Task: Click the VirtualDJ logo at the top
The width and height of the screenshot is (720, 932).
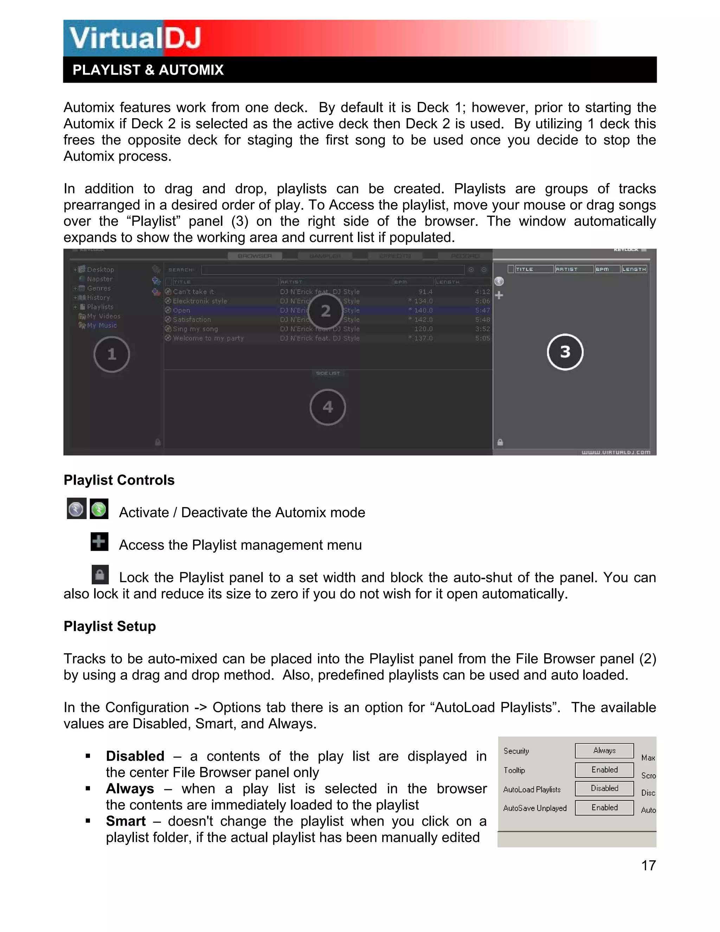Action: click(x=135, y=38)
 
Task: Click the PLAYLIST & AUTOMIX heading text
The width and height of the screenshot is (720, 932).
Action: click(x=148, y=70)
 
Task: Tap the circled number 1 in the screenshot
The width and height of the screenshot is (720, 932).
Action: click(x=112, y=354)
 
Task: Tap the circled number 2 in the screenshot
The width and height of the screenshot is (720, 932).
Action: click(x=326, y=311)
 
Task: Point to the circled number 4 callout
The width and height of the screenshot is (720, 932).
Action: click(x=328, y=407)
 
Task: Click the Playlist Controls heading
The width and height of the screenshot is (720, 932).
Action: click(x=119, y=480)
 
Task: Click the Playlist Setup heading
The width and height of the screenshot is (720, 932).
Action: click(x=110, y=626)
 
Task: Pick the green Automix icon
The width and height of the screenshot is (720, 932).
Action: click(x=99, y=509)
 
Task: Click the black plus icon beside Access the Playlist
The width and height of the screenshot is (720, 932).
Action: click(x=99, y=542)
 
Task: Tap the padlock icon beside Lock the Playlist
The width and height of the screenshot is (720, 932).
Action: click(x=100, y=574)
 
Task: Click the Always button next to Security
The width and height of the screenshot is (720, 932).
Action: click(x=604, y=751)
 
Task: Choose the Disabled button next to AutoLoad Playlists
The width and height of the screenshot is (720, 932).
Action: click(x=604, y=789)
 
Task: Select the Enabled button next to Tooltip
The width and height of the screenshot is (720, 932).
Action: click(x=604, y=770)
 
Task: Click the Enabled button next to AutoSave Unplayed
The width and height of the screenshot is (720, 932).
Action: click(x=604, y=808)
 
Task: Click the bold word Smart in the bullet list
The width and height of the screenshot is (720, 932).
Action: click(x=126, y=822)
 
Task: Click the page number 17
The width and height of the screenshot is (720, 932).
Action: click(x=648, y=866)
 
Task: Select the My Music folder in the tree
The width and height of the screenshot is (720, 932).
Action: click(x=102, y=326)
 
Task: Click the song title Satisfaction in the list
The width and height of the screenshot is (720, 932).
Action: click(x=192, y=320)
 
